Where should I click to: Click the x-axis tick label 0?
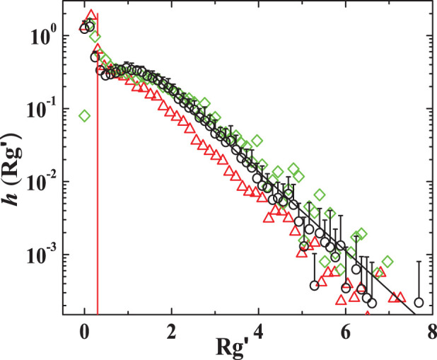[x=85, y=329]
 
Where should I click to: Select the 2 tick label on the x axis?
[x=171, y=329]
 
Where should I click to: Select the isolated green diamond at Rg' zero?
[x=85, y=115]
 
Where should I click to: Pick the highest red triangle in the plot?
[x=91, y=15]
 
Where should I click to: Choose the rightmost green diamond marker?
[x=388, y=262]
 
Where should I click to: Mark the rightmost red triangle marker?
[x=401, y=297]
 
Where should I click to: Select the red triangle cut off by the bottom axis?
[x=367, y=313]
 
